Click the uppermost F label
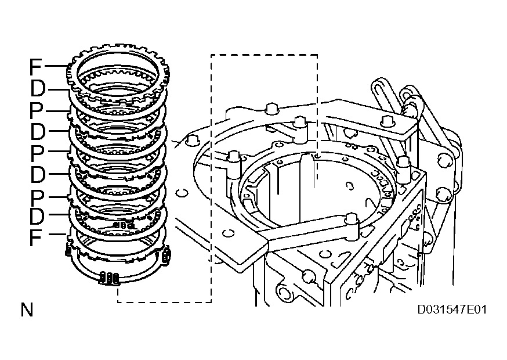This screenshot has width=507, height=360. pos(37,67)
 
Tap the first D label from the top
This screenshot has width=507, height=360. pos(38,90)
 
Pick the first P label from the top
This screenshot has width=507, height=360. pos(37,111)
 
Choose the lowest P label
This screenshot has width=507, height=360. pos(37,195)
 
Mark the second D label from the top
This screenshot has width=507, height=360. pos(38,132)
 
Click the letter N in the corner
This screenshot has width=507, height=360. pos(27,310)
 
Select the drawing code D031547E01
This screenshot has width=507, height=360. pos(452,309)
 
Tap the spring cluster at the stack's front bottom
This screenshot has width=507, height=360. pos(110,278)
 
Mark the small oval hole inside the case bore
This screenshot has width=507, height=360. pos(350,186)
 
